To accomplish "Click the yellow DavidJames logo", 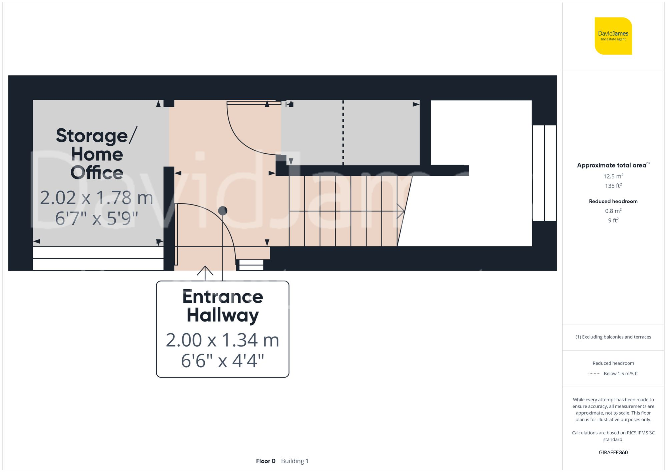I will point(613,36).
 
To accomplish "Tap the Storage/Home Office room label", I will point(97,154).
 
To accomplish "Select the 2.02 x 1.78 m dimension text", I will point(96,198).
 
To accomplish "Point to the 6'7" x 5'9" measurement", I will point(96,218).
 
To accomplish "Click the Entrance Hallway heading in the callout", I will point(222,306).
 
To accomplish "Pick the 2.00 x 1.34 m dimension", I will point(222,340).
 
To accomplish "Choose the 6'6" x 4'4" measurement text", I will point(222,361).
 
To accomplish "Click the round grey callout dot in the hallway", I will point(223,211).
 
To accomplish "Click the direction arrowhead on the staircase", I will point(402,211).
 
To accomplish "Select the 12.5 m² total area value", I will point(613,176).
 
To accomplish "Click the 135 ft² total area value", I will point(613,186).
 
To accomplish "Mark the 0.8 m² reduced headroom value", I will point(613,211).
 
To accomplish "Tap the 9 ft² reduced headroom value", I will point(613,220).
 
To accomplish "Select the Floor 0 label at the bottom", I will point(265,461).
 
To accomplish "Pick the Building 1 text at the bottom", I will point(295,461).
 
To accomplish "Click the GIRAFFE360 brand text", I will point(613,453).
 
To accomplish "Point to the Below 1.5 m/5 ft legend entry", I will point(620,374).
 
